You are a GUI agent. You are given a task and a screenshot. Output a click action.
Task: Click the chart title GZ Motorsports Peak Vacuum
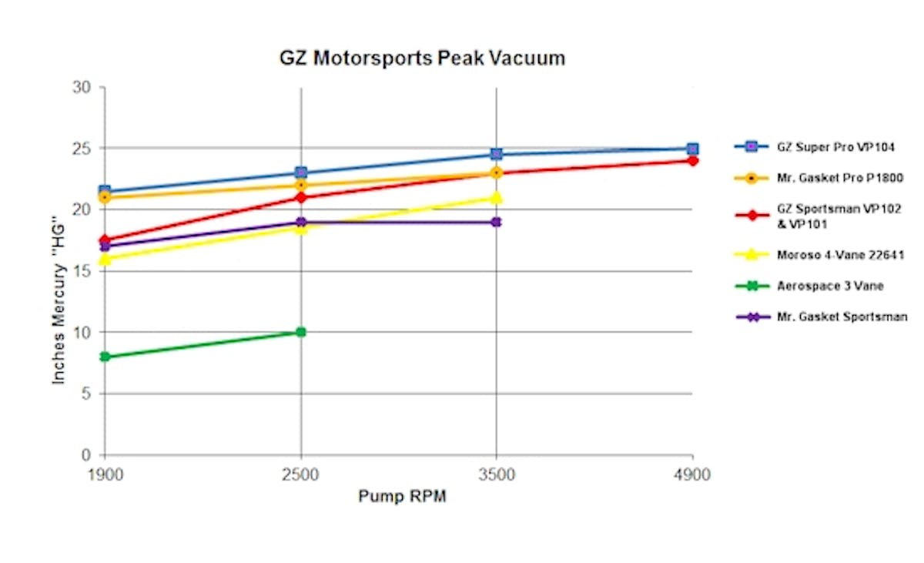pyautogui.click(x=421, y=59)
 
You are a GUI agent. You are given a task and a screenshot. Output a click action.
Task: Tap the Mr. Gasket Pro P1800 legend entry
pyautogui.click(x=822, y=178)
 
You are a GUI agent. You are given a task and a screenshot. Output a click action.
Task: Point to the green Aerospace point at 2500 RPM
pyautogui.click(x=301, y=332)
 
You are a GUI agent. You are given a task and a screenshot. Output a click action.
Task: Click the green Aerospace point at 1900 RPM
pyautogui.click(x=105, y=357)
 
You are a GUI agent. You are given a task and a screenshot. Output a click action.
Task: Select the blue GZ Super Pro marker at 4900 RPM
pyautogui.click(x=692, y=149)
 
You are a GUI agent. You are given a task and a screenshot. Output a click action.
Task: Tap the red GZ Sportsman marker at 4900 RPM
pyautogui.click(x=692, y=161)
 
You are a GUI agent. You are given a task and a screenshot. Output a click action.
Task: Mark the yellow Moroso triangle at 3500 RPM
pyautogui.click(x=497, y=198)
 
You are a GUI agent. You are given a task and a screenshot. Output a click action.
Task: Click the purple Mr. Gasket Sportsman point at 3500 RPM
pyautogui.click(x=497, y=222)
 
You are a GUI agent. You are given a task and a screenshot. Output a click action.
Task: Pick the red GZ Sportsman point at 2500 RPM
pyautogui.click(x=301, y=198)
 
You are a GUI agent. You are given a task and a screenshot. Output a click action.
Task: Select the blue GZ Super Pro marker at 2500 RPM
pyautogui.click(x=301, y=173)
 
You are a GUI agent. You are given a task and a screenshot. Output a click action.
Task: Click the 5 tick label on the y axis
pyautogui.click(x=87, y=394)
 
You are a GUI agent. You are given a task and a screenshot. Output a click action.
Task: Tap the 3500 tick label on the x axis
pyautogui.click(x=497, y=474)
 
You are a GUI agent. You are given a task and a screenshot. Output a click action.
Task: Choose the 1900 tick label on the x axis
pyautogui.click(x=105, y=474)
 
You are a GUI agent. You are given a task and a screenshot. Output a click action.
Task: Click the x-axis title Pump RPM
pyautogui.click(x=402, y=497)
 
